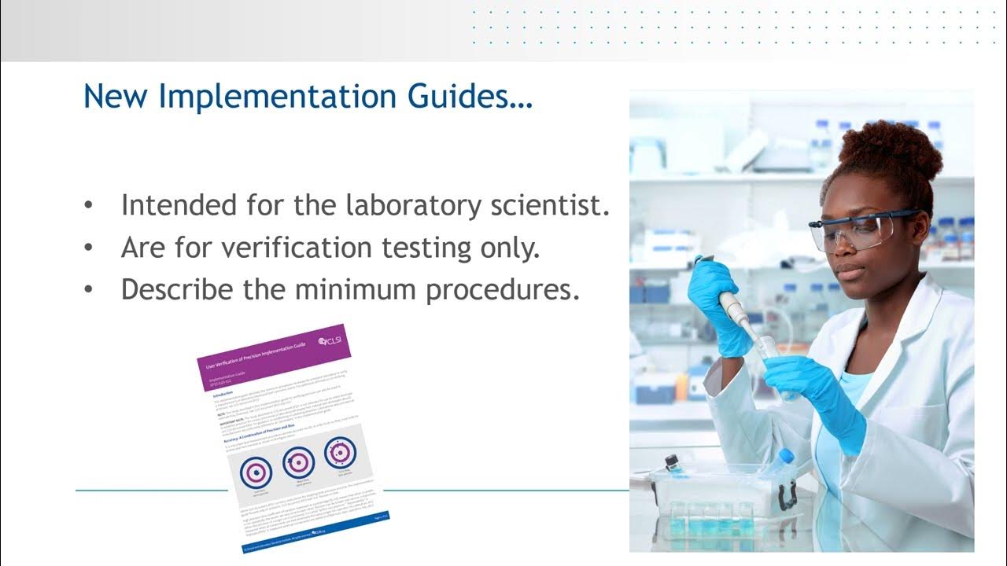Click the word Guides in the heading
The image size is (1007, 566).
(474, 97)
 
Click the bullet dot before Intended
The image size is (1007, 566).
(90, 207)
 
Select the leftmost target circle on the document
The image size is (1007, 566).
(256, 472)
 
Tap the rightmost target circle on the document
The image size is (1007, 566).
(341, 452)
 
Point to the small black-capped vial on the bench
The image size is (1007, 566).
(673, 464)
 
